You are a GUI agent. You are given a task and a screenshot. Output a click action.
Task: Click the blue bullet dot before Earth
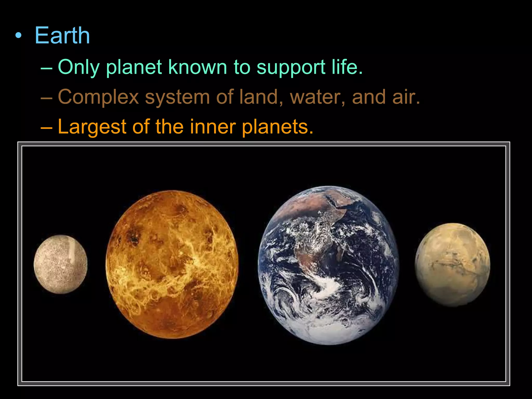(18, 36)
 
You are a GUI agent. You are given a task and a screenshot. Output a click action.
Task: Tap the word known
(198, 67)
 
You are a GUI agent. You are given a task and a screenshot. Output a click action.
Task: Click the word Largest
(92, 127)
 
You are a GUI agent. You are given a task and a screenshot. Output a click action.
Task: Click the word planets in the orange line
(277, 127)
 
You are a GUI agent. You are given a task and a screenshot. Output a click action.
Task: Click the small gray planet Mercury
(61, 264)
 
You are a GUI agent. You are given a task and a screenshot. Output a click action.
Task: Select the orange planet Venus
(172, 264)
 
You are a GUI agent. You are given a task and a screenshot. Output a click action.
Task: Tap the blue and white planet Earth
(328, 265)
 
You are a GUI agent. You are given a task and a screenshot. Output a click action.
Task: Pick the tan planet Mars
(452, 264)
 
